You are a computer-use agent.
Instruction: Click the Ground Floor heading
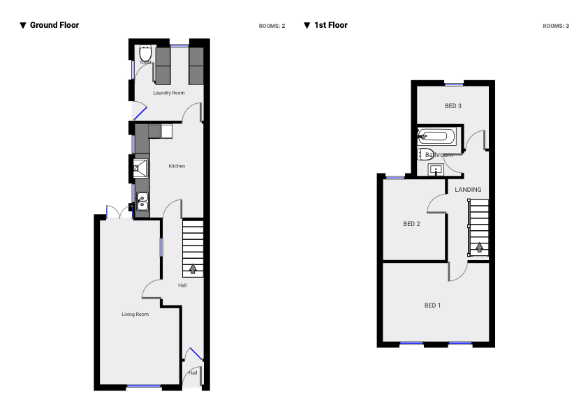[x=54, y=25]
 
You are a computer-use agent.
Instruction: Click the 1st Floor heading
[x=330, y=25]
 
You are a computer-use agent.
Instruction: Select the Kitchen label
[x=177, y=166]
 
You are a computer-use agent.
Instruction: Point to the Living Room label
[x=135, y=315]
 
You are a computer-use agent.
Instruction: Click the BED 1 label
[x=433, y=305]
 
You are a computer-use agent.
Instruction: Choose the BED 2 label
[x=412, y=224]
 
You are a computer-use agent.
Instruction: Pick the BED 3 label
[x=453, y=106]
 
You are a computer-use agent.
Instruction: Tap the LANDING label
[x=468, y=190]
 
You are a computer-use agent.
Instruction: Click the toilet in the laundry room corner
[x=145, y=54]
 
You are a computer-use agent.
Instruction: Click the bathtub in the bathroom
[x=436, y=136]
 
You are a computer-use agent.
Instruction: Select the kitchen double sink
[x=142, y=202]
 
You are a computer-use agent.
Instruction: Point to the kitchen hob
[x=141, y=166]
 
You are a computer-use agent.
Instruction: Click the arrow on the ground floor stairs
[x=192, y=268]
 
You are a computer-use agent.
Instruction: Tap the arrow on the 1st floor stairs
[x=479, y=246]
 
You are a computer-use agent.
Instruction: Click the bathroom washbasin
[x=436, y=169]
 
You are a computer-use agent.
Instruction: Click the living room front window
[x=144, y=386]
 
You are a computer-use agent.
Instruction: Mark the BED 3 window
[x=454, y=84]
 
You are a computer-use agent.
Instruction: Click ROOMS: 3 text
[x=556, y=26]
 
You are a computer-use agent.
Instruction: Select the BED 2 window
[x=395, y=176]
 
